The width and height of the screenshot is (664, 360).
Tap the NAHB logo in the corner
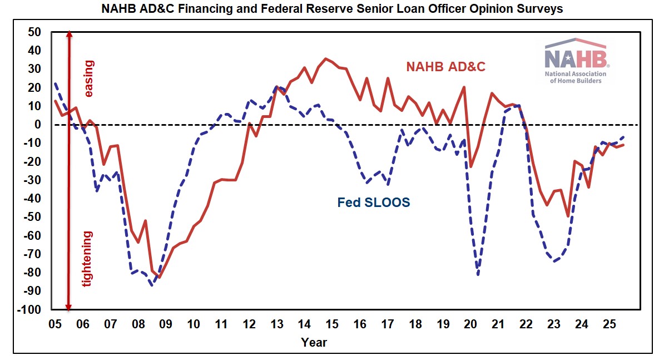coord(576,61)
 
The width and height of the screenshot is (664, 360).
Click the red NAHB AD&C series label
coord(445,67)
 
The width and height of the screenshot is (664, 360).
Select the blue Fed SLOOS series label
coord(374,203)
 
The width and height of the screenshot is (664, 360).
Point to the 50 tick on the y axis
coord(34,32)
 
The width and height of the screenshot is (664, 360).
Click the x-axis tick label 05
coord(54,324)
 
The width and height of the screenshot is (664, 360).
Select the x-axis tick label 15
coord(331,324)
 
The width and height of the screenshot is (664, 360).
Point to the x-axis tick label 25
coord(609,324)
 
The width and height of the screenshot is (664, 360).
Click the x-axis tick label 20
coord(470,324)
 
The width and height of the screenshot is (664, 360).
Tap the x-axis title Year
coord(314,342)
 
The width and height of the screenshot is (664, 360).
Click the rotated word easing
coord(88,78)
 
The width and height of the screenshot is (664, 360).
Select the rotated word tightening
coord(88,258)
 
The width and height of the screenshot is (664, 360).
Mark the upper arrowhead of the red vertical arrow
coord(69,34)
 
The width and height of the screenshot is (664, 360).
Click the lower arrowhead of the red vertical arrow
coord(69,307)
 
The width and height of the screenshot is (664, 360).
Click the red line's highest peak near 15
coord(326,58)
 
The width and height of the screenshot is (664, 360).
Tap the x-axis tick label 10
coord(193,324)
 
